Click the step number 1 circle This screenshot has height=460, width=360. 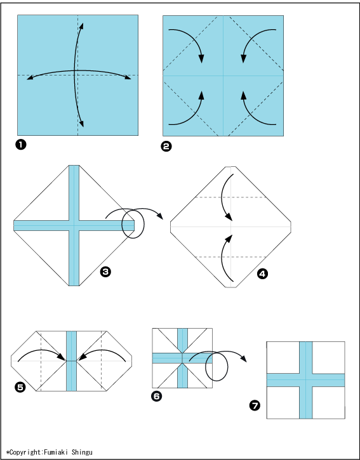click(x=21, y=145)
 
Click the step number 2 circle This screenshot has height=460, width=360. click(x=166, y=146)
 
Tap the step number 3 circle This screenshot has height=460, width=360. click(x=105, y=272)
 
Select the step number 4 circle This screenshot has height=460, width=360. click(x=262, y=273)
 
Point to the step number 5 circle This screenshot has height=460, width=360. click(x=20, y=387)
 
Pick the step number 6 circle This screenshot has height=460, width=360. click(x=157, y=397)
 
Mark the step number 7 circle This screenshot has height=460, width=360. click(x=255, y=405)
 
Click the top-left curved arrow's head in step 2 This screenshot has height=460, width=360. click(x=201, y=58)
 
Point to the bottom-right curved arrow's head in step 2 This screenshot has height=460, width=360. click(x=243, y=96)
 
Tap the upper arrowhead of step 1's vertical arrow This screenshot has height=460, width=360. click(x=82, y=26)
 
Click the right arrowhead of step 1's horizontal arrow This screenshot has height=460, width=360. click(x=127, y=77)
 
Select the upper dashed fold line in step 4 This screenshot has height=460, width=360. click(x=231, y=197)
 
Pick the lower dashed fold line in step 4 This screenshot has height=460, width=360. click(x=231, y=257)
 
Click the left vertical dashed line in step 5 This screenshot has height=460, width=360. click(x=41, y=361)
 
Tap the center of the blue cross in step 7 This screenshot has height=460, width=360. click(x=305, y=380)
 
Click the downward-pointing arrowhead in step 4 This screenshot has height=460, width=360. click(x=229, y=217)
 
